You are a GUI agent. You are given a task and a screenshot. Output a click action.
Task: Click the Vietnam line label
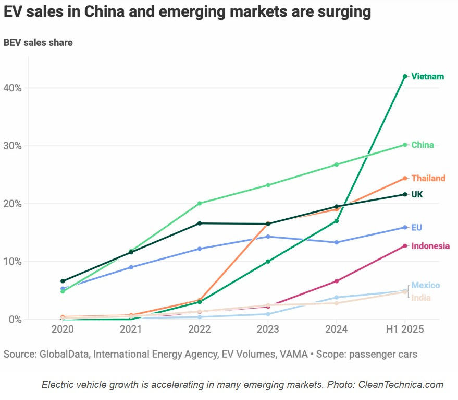(427, 77)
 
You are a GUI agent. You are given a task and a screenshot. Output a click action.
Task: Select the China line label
(422, 145)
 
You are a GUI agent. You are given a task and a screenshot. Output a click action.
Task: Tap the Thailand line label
(428, 178)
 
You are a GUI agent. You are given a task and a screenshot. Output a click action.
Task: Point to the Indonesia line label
(430, 246)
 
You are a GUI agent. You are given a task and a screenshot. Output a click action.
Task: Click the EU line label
(416, 228)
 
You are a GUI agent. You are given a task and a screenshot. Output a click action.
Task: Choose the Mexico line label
(425, 285)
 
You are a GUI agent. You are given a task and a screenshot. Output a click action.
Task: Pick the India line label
(421, 298)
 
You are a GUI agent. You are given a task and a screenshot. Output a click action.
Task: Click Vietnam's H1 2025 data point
(405, 76)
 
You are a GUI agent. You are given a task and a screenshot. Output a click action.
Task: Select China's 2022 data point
(200, 203)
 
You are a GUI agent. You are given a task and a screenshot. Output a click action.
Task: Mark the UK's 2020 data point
(63, 281)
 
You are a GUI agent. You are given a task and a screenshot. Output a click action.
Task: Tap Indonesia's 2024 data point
(336, 281)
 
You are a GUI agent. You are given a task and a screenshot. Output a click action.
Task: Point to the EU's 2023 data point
(268, 237)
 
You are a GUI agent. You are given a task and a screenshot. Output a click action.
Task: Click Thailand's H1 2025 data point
(405, 178)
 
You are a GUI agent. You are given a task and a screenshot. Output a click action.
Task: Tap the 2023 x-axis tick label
(268, 330)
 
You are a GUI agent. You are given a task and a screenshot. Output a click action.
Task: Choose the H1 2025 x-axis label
(405, 330)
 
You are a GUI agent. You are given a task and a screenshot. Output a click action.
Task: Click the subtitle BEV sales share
(38, 43)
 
